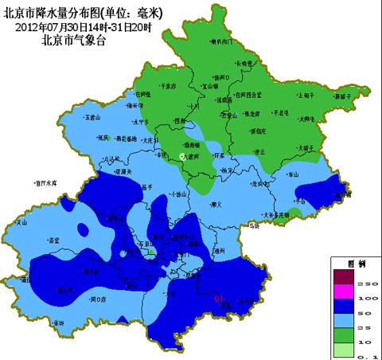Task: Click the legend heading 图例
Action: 357,262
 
